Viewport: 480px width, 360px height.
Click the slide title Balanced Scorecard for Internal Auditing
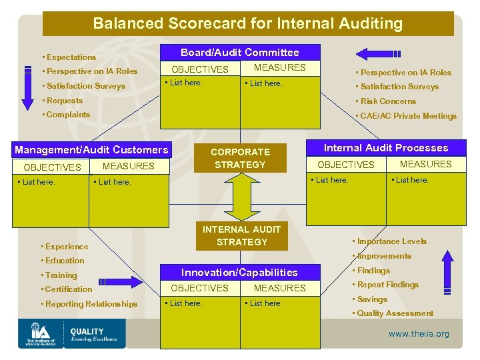pyautogui.click(x=247, y=24)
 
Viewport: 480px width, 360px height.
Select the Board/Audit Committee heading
pyautogui.click(x=240, y=52)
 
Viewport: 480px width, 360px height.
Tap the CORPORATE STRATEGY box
pyautogui.click(x=240, y=158)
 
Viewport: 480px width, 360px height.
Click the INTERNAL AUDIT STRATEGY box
pyautogui.click(x=241, y=235)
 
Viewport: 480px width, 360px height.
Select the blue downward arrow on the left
pyautogui.click(x=27, y=85)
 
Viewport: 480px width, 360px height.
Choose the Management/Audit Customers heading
pyautogui.click(x=91, y=150)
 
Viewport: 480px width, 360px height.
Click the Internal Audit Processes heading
pyautogui.click(x=386, y=148)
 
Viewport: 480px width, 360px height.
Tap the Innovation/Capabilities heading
pyautogui.click(x=240, y=272)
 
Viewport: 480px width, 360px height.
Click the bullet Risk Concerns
pyautogui.click(x=387, y=101)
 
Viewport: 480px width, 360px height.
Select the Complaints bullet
pyautogui.click(x=67, y=115)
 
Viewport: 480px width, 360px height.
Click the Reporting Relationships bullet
pyautogui.click(x=91, y=304)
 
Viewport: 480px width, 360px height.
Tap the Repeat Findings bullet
pyautogui.click(x=387, y=285)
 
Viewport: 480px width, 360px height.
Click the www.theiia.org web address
pyautogui.click(x=419, y=334)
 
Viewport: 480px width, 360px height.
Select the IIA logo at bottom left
pyautogui.click(x=41, y=333)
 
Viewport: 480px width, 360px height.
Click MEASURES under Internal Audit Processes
pyautogui.click(x=426, y=164)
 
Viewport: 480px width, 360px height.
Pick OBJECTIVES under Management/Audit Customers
pyautogui.click(x=52, y=167)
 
